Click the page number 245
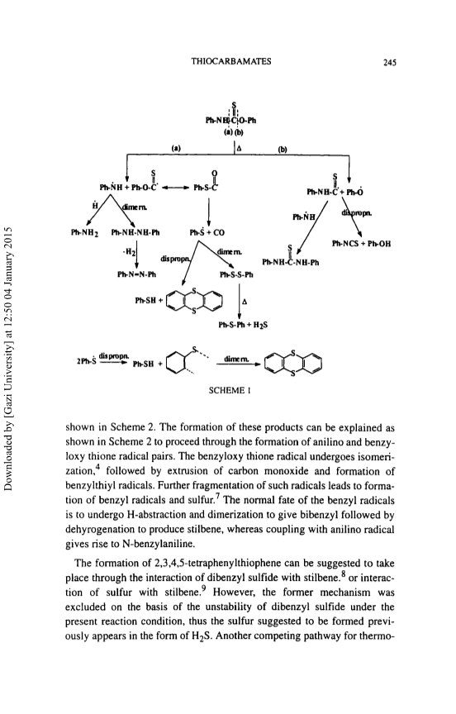pyautogui.click(x=390, y=63)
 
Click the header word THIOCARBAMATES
pyautogui.click(x=231, y=61)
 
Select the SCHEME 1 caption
pyautogui.click(x=230, y=390)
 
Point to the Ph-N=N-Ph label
pyautogui.click(x=136, y=274)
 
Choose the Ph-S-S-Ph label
pyautogui.click(x=236, y=274)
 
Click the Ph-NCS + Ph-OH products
pyautogui.click(x=361, y=244)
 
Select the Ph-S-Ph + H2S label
pyautogui.click(x=243, y=325)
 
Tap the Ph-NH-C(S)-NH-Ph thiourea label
pyautogui.click(x=291, y=259)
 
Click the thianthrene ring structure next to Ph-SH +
pyautogui.click(x=194, y=301)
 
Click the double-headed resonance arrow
pyautogui.click(x=176, y=187)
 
